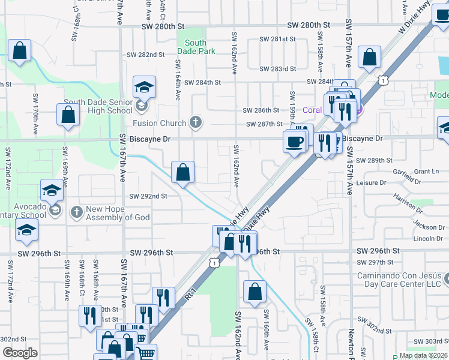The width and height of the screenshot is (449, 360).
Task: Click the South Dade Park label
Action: click(196, 47)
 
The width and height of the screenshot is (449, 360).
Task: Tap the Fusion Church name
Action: click(160, 124)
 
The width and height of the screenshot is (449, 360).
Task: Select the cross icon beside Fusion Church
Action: click(194, 123)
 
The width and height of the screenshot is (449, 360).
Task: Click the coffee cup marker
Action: click(294, 142)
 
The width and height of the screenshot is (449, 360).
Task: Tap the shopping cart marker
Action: click(145, 353)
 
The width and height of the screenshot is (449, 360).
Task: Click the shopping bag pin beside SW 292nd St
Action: click(182, 173)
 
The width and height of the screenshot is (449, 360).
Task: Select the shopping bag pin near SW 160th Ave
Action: click(255, 292)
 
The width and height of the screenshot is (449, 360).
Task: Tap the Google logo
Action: click(20, 353)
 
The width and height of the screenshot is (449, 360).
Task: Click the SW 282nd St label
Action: click(145, 55)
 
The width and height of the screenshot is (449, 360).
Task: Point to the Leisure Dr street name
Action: click(371, 182)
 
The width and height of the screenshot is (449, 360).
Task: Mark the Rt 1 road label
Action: click(191, 295)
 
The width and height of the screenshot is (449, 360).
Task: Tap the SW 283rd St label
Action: click(277, 68)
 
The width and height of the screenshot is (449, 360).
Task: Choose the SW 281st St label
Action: click(277, 39)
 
